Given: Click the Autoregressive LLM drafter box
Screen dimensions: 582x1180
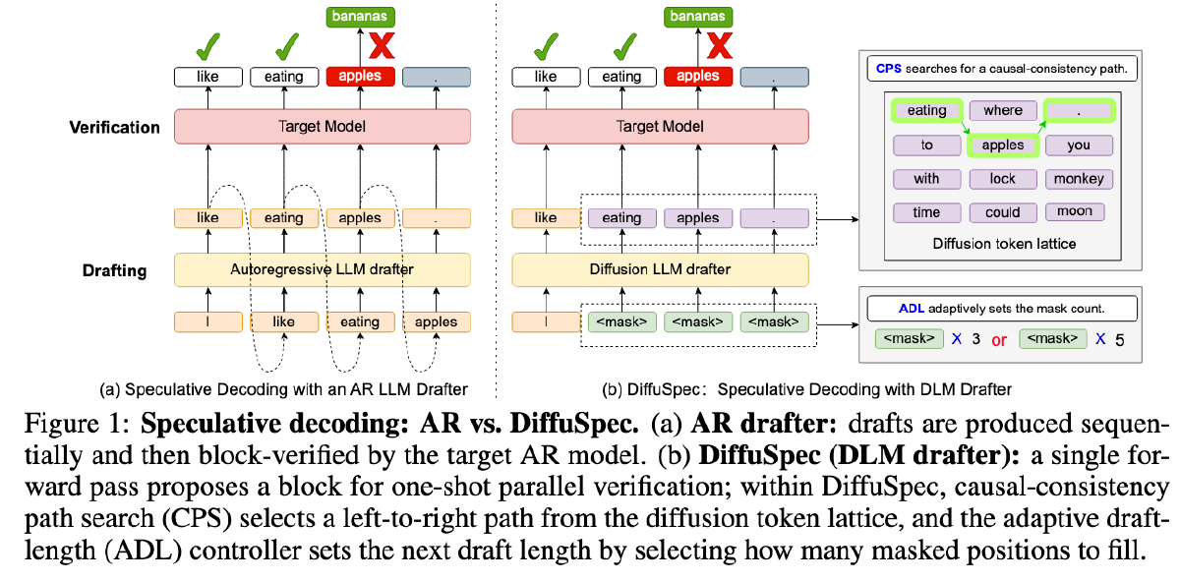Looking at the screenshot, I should (322, 268).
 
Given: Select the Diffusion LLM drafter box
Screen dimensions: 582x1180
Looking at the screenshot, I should (660, 268).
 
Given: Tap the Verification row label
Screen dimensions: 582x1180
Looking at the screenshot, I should (114, 127).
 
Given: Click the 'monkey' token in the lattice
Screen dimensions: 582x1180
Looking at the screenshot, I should (1079, 179).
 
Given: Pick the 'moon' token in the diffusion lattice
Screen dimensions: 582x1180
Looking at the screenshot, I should (1075, 211).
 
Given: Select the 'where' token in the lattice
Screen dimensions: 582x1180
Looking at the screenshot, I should (1002, 111).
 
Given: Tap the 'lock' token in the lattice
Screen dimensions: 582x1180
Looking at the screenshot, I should (1002, 179).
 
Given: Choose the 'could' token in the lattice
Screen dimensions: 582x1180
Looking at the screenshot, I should (1002, 212).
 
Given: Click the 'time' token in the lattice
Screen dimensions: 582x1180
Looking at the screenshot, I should (926, 212).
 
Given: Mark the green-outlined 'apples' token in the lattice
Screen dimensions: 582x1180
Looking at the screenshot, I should (1002, 145).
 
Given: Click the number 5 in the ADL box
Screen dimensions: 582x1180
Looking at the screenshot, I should (1118, 339).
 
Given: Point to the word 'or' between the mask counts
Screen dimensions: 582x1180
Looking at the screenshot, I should (999, 339).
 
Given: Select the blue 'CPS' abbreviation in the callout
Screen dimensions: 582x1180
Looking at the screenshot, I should (885, 69).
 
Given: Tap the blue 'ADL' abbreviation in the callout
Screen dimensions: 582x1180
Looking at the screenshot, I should (913, 308).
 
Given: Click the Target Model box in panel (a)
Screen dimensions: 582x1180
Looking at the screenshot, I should (322, 127).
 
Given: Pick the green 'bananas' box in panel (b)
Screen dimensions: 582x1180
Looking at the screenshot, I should (697, 16).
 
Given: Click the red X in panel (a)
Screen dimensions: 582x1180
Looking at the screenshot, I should (381, 45).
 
